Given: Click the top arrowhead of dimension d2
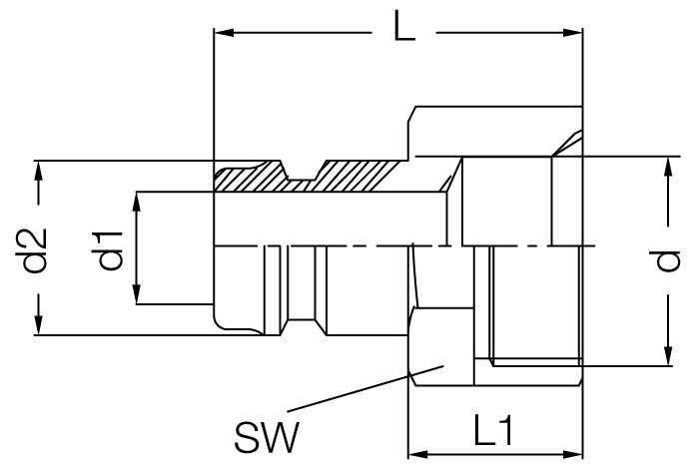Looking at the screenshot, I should click(40, 170).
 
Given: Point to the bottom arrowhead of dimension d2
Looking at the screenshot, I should click(40, 326).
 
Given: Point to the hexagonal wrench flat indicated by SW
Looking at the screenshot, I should click(439, 349).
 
